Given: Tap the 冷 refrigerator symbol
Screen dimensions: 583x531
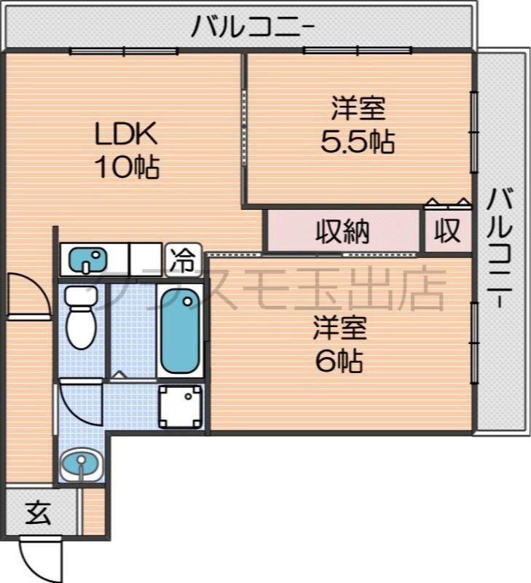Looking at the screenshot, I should click(x=183, y=257).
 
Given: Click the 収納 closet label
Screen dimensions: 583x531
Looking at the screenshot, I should click(x=342, y=231).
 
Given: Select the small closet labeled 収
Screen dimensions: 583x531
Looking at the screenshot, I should click(x=447, y=231).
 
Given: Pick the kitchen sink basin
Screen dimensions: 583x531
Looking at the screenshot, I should click(x=88, y=258).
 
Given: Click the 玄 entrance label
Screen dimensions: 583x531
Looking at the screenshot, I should click(x=39, y=514).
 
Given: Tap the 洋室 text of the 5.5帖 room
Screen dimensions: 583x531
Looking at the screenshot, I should click(x=358, y=109).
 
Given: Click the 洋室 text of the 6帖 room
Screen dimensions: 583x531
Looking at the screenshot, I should click(x=339, y=328).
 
